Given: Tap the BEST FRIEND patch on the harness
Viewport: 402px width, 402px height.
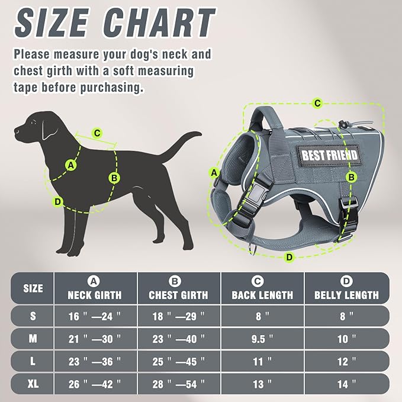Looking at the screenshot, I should pyautogui.click(x=330, y=155).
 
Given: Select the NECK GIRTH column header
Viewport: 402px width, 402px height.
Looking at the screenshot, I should pyautogui.click(x=95, y=294).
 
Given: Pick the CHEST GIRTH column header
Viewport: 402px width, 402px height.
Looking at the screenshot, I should pyautogui.click(x=178, y=294).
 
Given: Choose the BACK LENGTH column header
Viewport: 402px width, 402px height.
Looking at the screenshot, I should pyautogui.click(x=262, y=294).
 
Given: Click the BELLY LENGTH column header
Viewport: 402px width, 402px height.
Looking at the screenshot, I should pyautogui.click(x=346, y=294).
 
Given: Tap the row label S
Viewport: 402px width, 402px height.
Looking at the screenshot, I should pyautogui.click(x=33, y=316).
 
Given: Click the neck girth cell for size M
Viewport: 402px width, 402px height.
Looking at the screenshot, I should pyautogui.click(x=95, y=339).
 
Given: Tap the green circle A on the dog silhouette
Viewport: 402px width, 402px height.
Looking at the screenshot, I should pyautogui.click(x=72, y=165).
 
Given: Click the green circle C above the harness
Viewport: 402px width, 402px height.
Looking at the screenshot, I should pyautogui.click(x=317, y=104).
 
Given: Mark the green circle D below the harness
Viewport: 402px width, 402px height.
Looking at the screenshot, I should pyautogui.click(x=289, y=257).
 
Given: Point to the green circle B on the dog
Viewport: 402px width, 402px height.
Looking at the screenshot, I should pyautogui.click(x=114, y=177).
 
